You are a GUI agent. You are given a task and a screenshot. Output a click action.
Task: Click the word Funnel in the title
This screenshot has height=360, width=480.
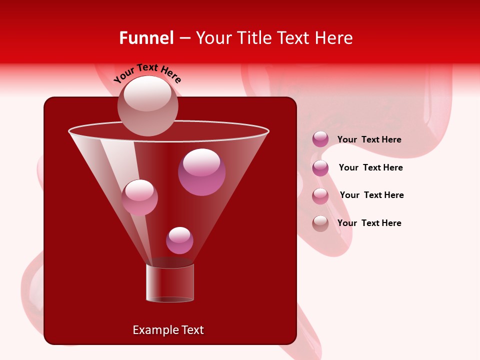pyautogui.click(x=146, y=38)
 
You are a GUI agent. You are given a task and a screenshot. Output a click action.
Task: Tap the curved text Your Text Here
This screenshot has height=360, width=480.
pyautogui.click(x=147, y=73)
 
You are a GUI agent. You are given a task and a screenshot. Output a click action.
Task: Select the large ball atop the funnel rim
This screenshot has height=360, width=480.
pyautogui.click(x=147, y=105)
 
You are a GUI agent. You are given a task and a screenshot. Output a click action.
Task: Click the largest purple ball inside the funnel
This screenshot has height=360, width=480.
pyautogui.click(x=201, y=172)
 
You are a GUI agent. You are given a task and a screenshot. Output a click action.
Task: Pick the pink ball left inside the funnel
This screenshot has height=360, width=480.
pyautogui.click(x=139, y=197)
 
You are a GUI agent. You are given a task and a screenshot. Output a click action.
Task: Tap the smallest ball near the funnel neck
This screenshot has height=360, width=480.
pyautogui.click(x=179, y=240)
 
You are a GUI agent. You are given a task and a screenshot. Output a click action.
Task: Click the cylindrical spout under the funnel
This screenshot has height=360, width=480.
pyautogui.click(x=170, y=282)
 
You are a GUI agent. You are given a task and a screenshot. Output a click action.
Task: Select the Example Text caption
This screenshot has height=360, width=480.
pyautogui.click(x=168, y=330)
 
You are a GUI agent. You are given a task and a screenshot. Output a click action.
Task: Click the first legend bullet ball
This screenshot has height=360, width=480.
pyautogui.click(x=320, y=139)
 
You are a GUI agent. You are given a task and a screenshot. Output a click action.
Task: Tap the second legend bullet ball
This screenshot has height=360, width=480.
pyautogui.click(x=320, y=168)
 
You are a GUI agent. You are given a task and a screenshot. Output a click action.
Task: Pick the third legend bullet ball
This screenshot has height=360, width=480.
pyautogui.click(x=320, y=196)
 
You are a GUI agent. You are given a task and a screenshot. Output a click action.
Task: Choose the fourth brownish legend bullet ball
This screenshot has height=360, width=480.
pyautogui.click(x=320, y=223)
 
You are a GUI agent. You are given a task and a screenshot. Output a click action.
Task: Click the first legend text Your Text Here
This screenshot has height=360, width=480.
pyautogui.click(x=369, y=139)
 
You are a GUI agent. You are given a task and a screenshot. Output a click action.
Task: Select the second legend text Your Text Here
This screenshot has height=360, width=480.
pyautogui.click(x=370, y=167)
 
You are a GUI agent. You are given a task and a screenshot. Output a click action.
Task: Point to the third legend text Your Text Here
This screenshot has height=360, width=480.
pyautogui.click(x=371, y=195)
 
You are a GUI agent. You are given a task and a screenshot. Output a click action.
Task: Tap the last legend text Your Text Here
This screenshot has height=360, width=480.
pyautogui.click(x=369, y=223)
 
